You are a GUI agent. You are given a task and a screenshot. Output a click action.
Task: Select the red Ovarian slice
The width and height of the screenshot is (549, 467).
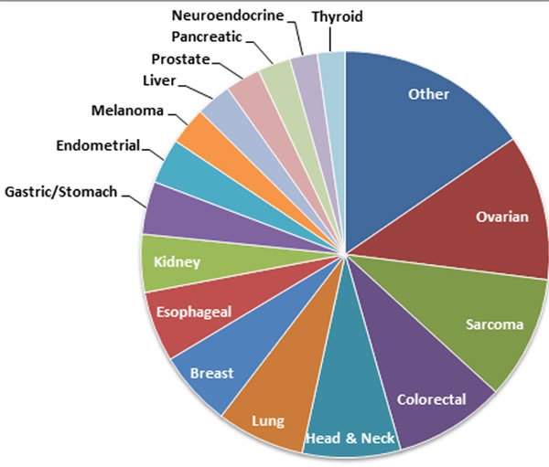click(476, 215)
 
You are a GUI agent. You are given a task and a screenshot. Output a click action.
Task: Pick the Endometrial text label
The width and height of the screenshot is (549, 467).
click(98, 145)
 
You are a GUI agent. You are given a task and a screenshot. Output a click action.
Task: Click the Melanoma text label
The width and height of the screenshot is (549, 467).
click(128, 111)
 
